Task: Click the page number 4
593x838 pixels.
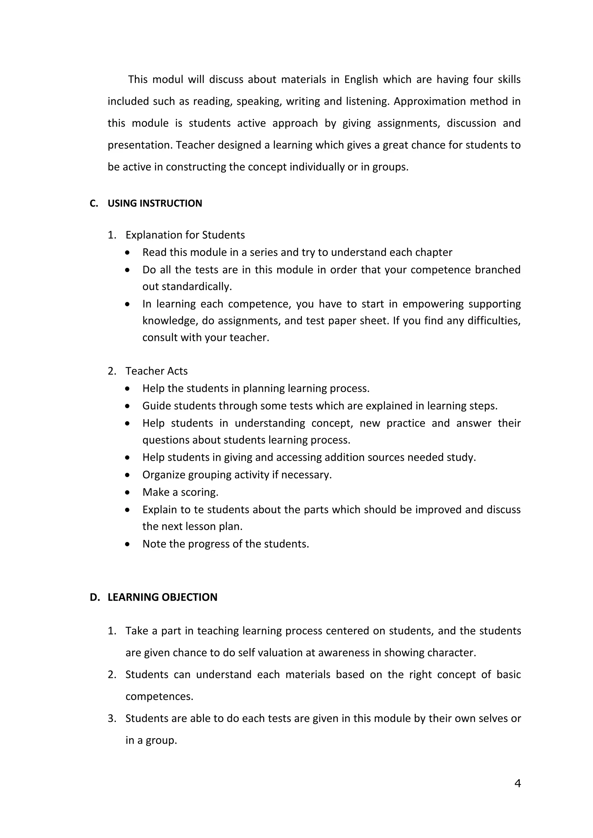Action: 517,783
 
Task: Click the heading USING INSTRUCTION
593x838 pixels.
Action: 155,203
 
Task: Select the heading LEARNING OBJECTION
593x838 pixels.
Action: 162,597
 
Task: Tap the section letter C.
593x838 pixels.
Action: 94,203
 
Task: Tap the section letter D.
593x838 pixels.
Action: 95,597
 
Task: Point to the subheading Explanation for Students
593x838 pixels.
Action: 185,235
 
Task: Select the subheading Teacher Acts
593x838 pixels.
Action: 156,371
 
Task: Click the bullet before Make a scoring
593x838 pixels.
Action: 127,492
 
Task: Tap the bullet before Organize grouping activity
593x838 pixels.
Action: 127,475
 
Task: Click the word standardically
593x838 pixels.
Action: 196,286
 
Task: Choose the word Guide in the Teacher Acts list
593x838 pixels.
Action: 155,406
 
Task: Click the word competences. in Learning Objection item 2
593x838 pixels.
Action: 159,697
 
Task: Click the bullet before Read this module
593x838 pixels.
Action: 127,252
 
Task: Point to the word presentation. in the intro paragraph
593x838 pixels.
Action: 140,145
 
